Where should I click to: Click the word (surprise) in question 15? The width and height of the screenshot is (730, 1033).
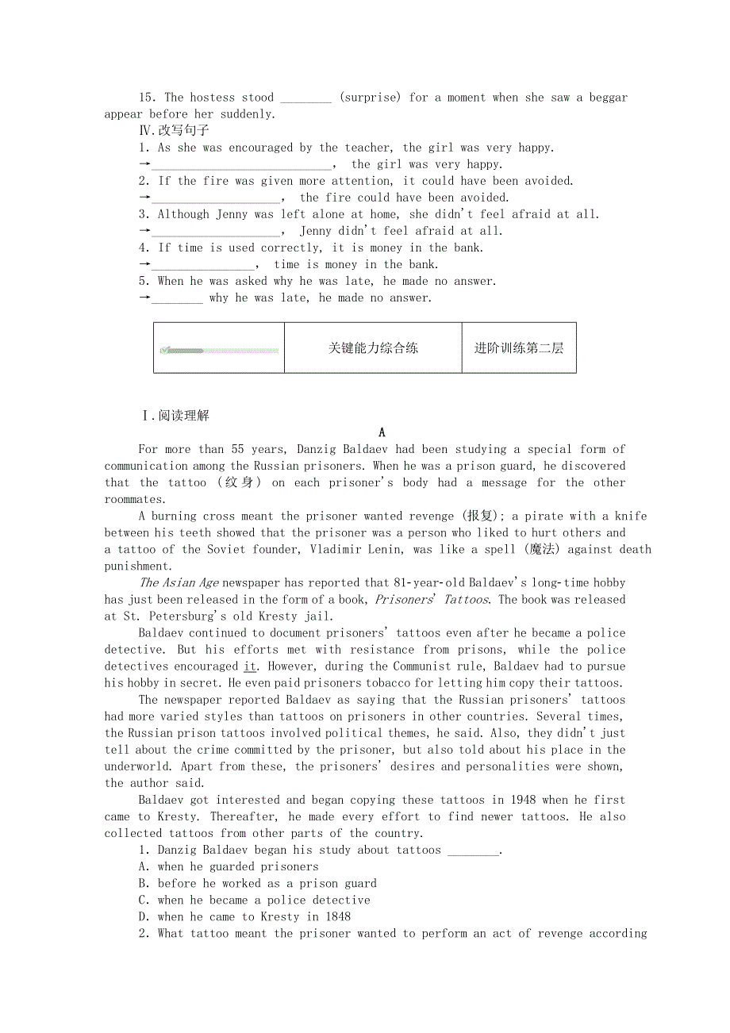[x=370, y=98]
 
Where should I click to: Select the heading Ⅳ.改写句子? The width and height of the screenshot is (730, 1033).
[x=174, y=131]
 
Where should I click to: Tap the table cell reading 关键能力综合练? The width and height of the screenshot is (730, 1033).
[x=373, y=348]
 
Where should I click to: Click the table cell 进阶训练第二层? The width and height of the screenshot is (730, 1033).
[x=519, y=348]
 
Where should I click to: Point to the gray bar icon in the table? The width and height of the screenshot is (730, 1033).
[x=219, y=350]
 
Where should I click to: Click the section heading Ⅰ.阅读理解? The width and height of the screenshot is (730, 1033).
[x=175, y=416]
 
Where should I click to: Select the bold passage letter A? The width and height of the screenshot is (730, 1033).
[x=382, y=432]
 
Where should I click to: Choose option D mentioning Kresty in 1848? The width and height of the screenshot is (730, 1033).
[x=244, y=916]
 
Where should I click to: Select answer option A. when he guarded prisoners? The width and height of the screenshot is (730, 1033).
[x=229, y=866]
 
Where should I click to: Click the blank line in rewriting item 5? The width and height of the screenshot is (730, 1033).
[x=177, y=299]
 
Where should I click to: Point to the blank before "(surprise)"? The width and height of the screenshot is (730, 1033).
[x=306, y=98]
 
